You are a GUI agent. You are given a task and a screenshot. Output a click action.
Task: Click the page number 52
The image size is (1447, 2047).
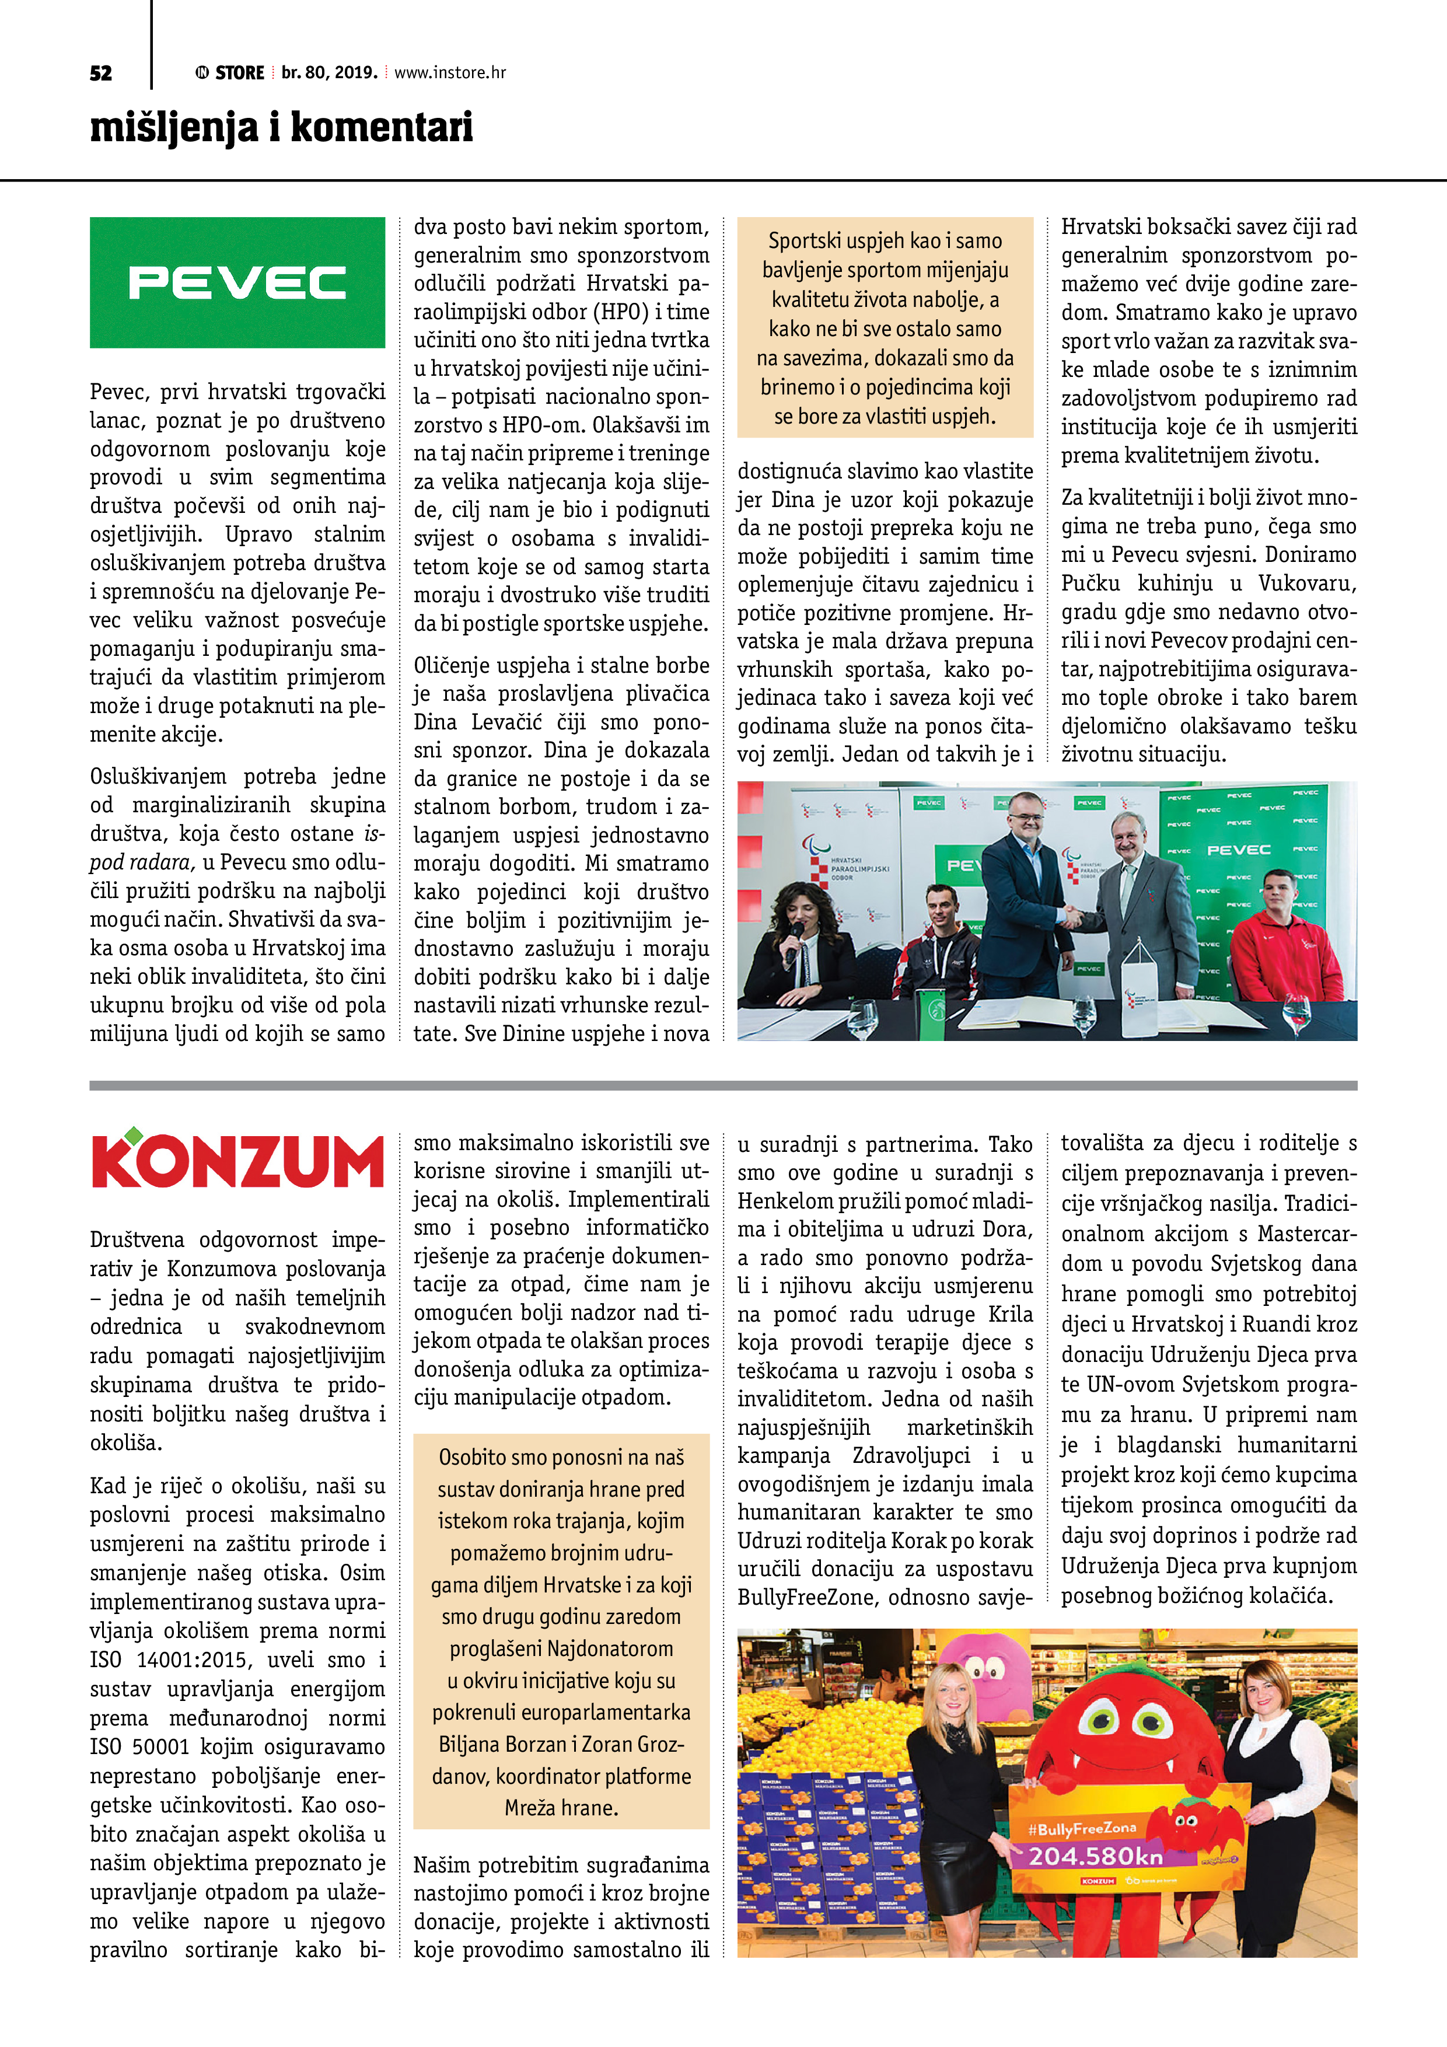click(x=101, y=73)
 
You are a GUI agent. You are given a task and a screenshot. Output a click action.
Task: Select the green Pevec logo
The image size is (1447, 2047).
click(x=237, y=282)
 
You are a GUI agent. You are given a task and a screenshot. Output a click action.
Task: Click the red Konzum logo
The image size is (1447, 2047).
click(x=237, y=1161)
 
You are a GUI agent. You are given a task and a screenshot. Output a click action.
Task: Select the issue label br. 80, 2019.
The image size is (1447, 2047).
click(x=329, y=73)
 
